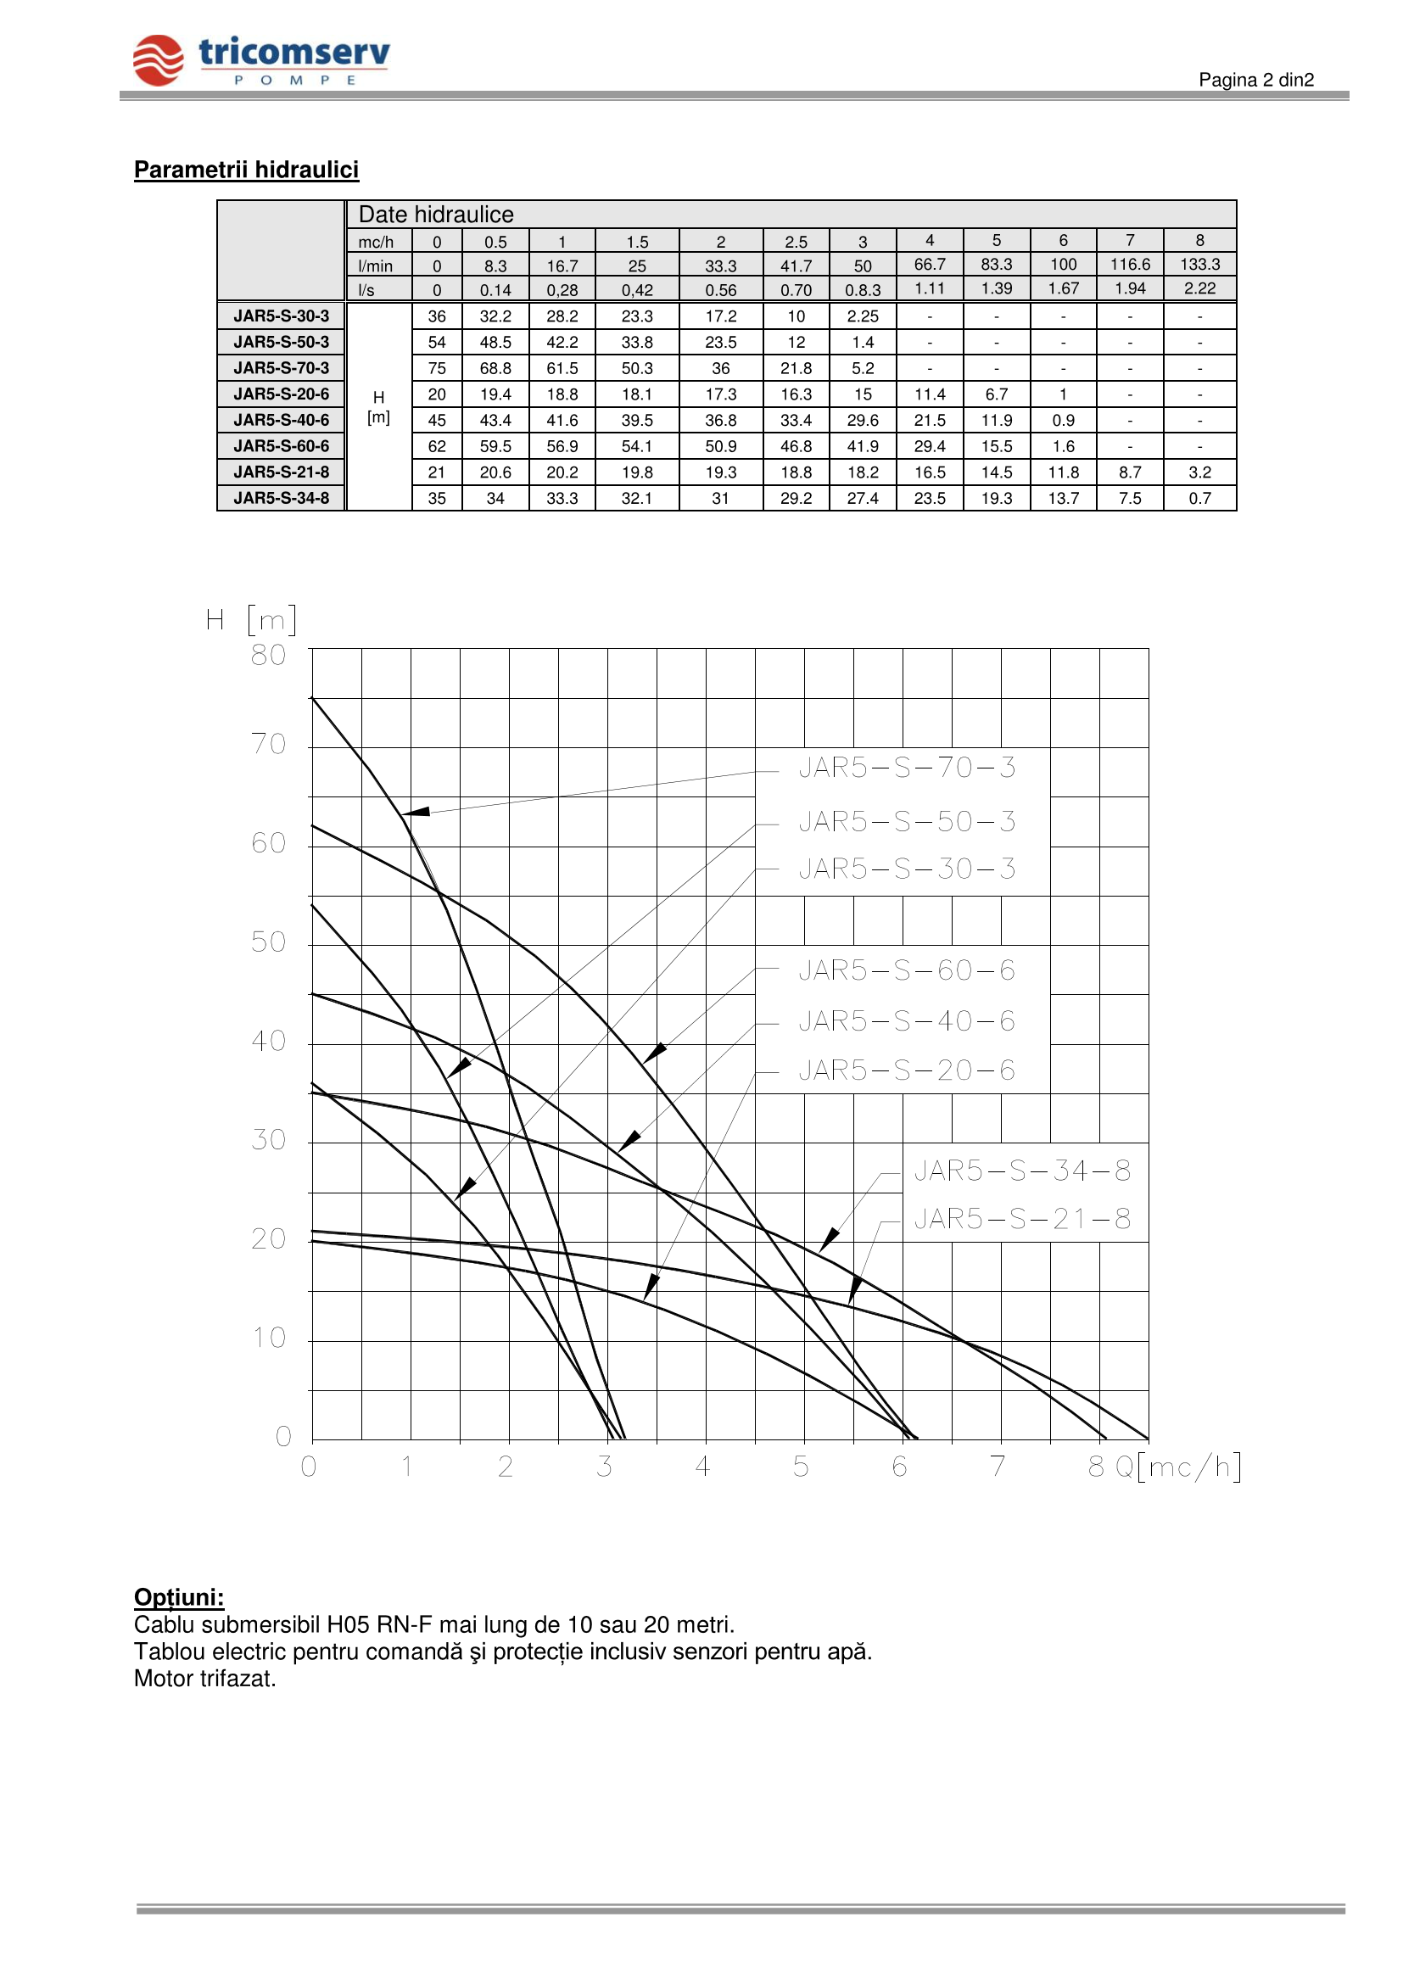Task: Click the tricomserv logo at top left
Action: pos(261,60)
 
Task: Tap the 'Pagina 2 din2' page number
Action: pos(1255,81)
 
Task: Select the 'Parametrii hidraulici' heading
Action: pos(246,170)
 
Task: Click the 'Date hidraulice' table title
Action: pos(435,215)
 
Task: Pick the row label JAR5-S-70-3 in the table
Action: pos(281,368)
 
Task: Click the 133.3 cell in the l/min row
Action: pos(1199,265)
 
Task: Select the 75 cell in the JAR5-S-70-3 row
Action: pos(437,368)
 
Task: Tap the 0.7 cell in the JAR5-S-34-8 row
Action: pos(1199,499)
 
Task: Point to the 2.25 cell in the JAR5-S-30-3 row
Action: pos(862,316)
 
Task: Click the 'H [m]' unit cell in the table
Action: pos(378,407)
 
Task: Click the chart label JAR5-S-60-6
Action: pos(906,970)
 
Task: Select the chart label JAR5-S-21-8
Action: pos(1022,1219)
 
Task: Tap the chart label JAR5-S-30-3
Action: pos(906,869)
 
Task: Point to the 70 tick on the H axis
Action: pos(269,744)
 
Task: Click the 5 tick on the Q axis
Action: pos(801,1467)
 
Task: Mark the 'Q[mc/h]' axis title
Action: pos(1177,1467)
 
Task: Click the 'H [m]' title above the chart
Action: pos(251,619)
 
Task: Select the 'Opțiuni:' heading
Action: pos(179,1597)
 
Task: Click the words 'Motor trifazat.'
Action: pos(204,1679)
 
